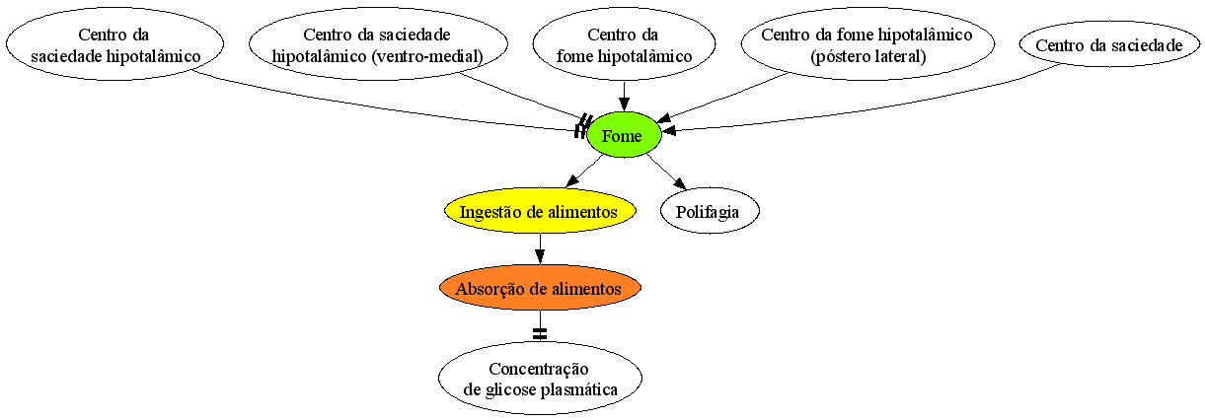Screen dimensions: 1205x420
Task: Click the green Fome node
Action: click(624, 135)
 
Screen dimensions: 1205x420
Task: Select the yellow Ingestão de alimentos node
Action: click(540, 211)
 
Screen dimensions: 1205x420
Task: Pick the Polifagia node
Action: click(710, 211)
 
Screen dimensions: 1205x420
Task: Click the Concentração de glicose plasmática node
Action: click(540, 379)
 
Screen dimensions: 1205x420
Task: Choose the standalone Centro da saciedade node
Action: click(1109, 44)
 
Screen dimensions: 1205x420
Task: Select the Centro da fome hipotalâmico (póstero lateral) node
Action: click(867, 44)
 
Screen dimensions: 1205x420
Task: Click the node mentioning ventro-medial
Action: click(378, 44)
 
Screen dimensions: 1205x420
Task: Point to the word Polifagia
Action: click(708, 212)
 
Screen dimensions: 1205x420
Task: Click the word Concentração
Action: click(539, 370)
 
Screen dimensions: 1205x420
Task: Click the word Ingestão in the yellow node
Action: click(491, 213)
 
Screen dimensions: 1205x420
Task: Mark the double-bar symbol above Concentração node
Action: click(540, 333)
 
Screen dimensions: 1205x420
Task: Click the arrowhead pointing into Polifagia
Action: click(681, 183)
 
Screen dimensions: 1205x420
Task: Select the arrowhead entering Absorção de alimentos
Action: click(540, 256)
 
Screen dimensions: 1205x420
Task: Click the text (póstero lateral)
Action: click(868, 56)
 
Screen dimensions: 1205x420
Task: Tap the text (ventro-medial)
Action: click(427, 56)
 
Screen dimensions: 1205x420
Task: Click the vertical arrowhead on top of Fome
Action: click(624, 105)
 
